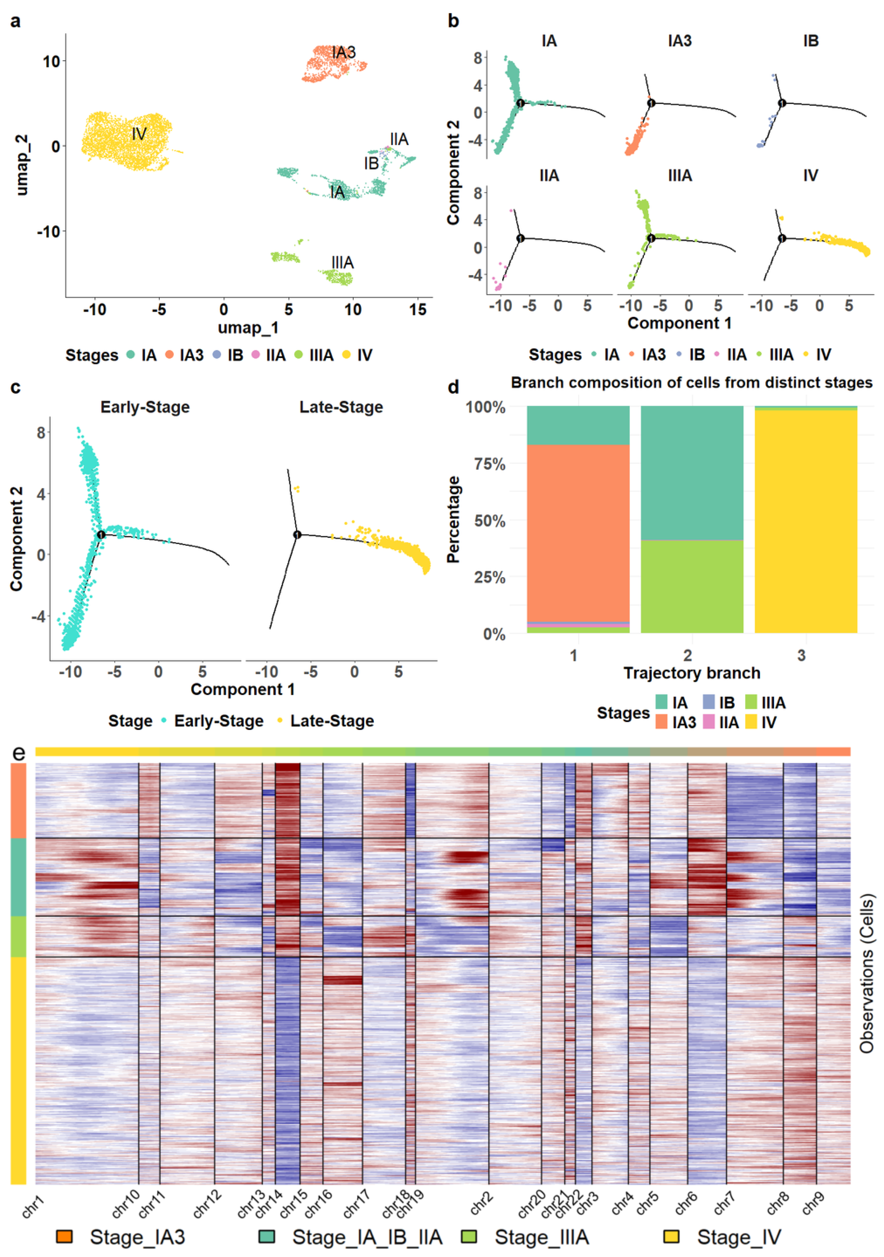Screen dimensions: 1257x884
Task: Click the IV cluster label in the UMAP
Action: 139,134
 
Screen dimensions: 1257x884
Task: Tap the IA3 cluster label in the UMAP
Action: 343,53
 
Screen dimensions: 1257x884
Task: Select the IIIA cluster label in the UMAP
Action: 342,262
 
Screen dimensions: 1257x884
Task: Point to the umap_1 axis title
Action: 248,327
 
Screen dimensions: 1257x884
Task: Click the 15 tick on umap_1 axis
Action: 417,310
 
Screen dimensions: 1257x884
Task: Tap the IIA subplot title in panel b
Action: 549,176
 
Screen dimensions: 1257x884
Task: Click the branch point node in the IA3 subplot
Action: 651,103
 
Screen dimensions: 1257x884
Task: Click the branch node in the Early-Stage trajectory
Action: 101,534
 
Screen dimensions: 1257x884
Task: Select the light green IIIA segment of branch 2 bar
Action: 692,586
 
